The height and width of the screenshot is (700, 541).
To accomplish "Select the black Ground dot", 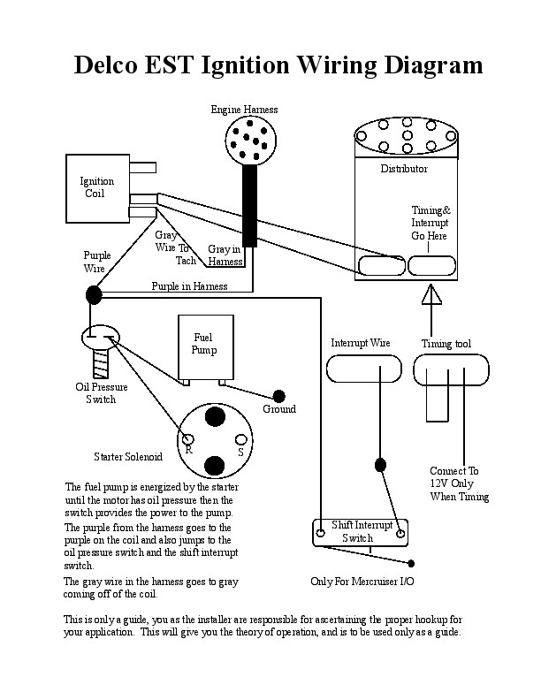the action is click(279, 396).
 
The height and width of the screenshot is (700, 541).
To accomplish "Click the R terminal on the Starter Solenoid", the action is click(188, 439).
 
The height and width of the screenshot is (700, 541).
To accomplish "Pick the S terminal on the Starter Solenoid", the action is click(241, 439).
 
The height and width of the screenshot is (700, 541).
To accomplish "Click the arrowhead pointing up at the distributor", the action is click(431, 294).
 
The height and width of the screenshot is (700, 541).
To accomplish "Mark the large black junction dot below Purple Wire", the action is click(94, 295).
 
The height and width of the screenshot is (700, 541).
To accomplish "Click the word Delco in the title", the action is click(106, 65).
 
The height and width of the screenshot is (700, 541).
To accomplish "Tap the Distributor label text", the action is click(404, 169).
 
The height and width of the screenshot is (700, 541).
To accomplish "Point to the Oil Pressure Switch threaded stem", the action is click(101, 362).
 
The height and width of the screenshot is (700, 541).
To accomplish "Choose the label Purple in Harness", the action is click(189, 286).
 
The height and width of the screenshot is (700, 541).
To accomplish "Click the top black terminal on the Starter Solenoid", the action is click(215, 415).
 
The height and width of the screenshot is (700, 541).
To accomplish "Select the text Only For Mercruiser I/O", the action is click(362, 582).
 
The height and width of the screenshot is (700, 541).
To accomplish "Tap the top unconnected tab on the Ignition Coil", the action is click(143, 167).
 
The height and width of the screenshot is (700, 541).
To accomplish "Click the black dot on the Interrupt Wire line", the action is click(380, 465).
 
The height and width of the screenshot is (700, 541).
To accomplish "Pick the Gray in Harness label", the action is click(225, 255).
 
